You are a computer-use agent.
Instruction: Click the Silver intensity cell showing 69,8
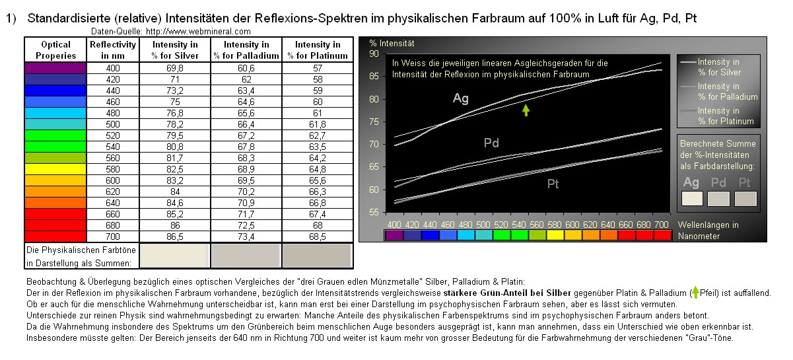click(x=174, y=68)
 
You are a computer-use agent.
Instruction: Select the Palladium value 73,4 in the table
click(x=246, y=236)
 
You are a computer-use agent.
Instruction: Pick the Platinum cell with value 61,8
click(x=318, y=124)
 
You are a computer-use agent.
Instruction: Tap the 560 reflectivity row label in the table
click(x=113, y=158)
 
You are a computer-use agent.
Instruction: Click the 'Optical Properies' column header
click(x=55, y=50)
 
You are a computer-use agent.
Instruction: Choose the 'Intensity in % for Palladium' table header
click(x=246, y=50)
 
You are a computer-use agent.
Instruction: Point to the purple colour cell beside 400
click(x=55, y=68)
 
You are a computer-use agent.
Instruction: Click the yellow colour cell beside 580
click(x=55, y=169)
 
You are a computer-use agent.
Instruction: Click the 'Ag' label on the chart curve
click(x=461, y=98)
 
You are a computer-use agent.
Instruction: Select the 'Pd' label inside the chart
click(x=491, y=143)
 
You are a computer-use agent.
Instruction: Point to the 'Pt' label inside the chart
click(x=553, y=184)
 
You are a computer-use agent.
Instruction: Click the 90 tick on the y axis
click(x=374, y=54)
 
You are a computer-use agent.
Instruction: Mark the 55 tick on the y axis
click(x=374, y=213)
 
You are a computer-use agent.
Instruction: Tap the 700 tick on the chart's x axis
click(x=661, y=224)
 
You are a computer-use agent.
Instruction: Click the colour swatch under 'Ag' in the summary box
click(x=692, y=198)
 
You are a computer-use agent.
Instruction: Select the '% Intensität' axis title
click(x=392, y=44)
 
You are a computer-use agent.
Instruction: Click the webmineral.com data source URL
click(x=198, y=31)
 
